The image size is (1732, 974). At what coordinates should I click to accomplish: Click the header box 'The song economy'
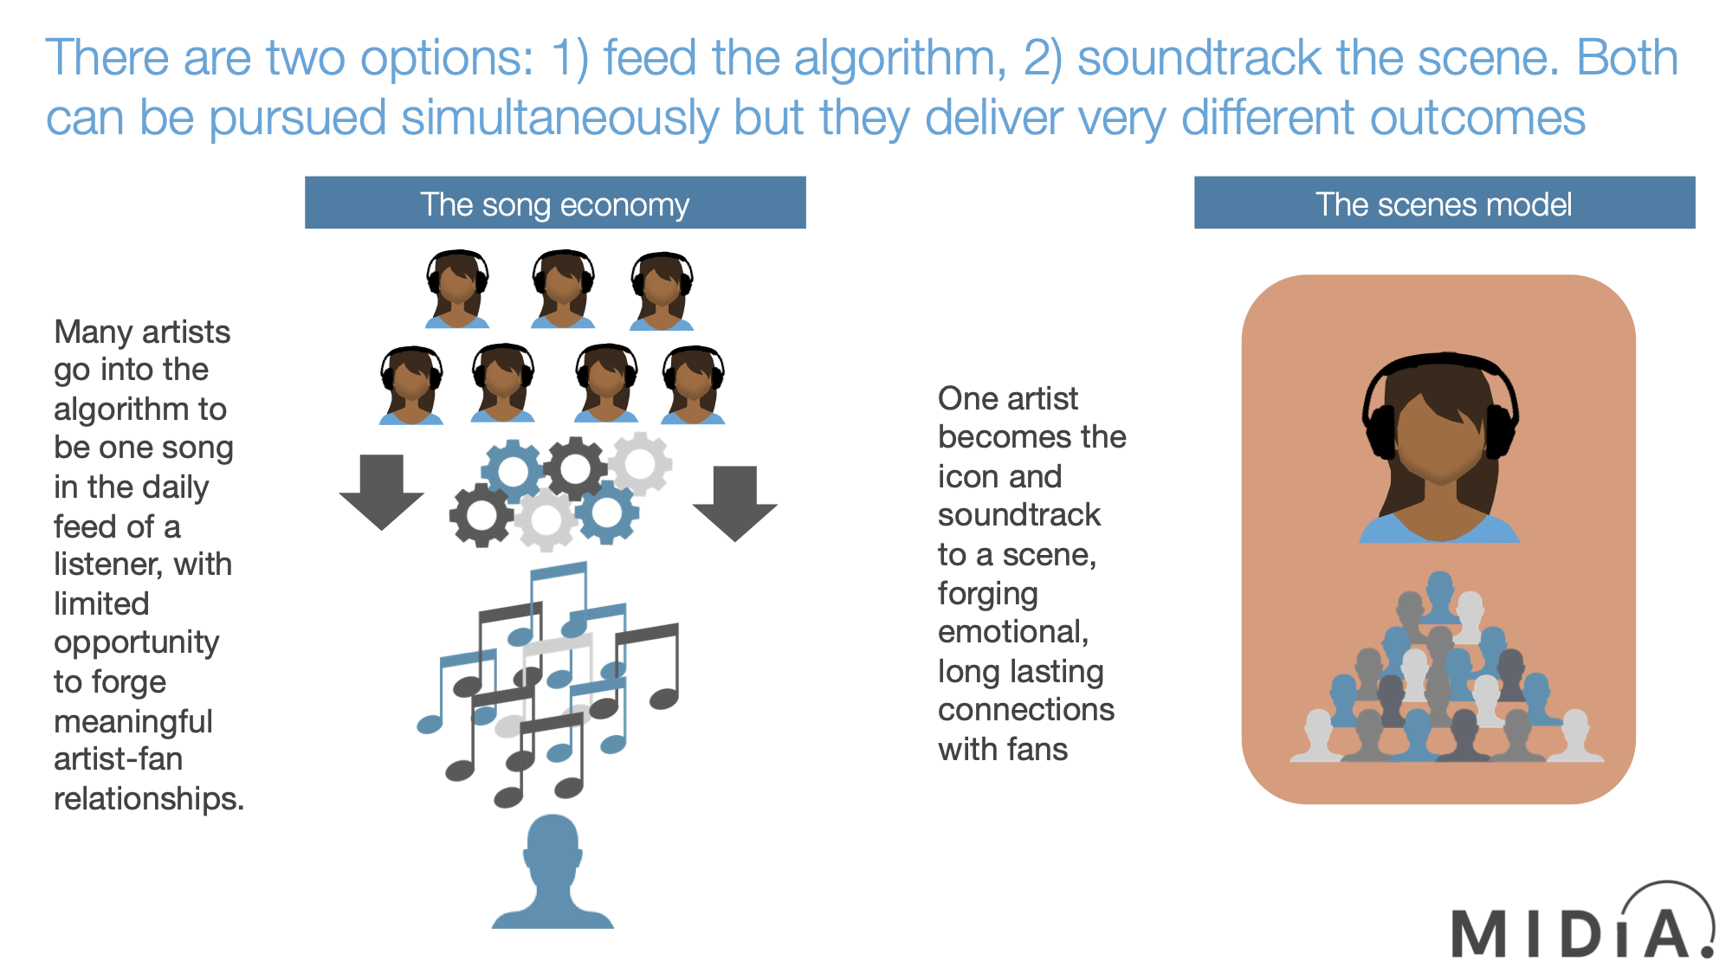point(555,203)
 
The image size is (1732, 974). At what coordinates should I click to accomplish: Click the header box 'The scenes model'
point(1444,203)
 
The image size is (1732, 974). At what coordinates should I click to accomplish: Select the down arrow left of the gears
point(381,491)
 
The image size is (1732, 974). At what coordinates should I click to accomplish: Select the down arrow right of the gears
point(734,502)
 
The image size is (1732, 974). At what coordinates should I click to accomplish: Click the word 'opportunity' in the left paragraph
point(137,642)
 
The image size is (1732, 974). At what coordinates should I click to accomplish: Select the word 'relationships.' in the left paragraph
point(149,798)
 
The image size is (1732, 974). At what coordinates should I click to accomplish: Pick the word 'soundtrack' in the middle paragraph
point(1019,515)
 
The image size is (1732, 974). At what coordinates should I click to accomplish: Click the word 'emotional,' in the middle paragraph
point(1013,632)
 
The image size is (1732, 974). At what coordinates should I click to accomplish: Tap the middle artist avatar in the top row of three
point(563,289)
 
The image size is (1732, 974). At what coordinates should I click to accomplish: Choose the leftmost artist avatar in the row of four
point(411,385)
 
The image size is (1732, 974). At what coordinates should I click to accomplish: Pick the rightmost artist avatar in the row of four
point(693,385)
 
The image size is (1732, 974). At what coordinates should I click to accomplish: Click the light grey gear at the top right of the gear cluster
point(640,463)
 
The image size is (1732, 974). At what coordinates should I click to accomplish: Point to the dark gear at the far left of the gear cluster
point(481,516)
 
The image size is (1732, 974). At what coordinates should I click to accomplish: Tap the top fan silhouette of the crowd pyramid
point(1439,594)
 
